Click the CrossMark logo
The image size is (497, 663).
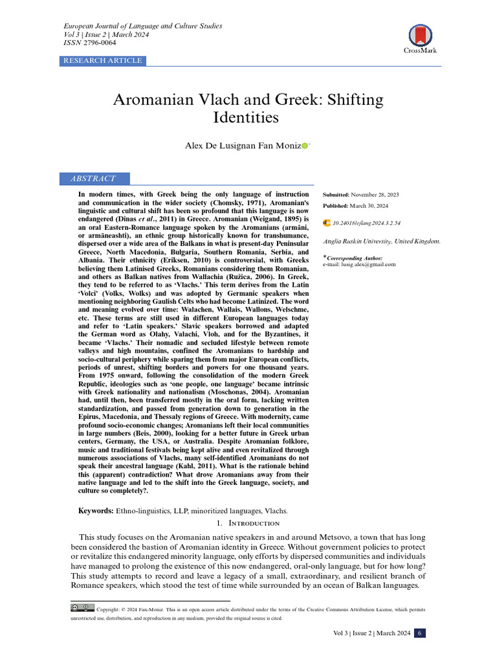[x=419, y=38]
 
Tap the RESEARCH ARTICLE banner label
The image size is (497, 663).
[x=102, y=61]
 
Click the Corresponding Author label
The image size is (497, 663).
[x=355, y=258]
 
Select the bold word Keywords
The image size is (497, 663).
[x=96, y=511]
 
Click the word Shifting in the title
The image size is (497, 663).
[x=353, y=100]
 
